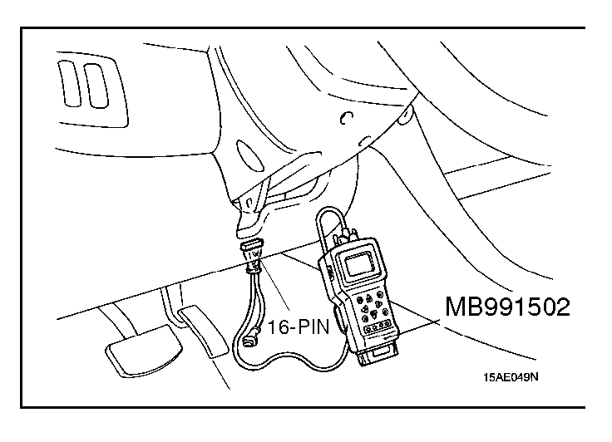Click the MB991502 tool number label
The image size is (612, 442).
tap(508, 309)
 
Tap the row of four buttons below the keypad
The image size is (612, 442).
tap(378, 331)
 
